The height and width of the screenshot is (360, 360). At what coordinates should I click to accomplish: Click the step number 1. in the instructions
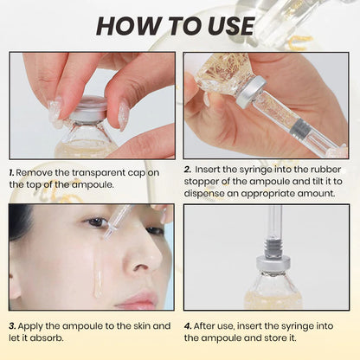pyautogui.click(x=12, y=172)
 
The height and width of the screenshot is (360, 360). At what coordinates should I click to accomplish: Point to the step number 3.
pyautogui.click(x=12, y=325)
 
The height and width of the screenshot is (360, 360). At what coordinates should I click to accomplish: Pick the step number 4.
pyautogui.click(x=188, y=325)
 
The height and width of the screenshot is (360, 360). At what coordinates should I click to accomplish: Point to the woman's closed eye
pyautogui.click(x=95, y=224)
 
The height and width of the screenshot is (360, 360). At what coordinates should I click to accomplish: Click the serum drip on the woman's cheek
pyautogui.click(x=98, y=268)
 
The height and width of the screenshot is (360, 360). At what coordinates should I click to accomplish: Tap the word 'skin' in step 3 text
pyautogui.click(x=134, y=325)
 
